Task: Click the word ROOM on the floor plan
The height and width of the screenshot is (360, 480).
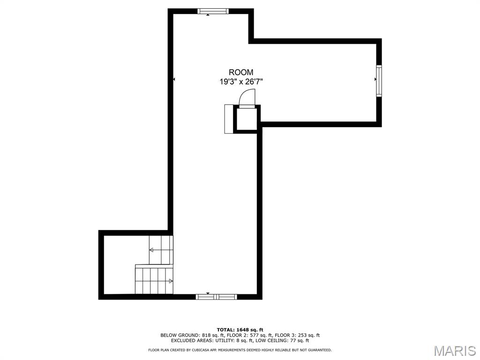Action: tap(241, 72)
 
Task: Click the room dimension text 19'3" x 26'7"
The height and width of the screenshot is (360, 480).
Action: tap(241, 82)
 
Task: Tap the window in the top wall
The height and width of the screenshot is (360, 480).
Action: tap(213, 11)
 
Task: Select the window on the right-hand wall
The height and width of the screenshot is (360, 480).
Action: tap(379, 81)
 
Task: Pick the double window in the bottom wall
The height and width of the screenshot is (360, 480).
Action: tap(216, 297)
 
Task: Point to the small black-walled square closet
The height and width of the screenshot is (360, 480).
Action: tap(247, 119)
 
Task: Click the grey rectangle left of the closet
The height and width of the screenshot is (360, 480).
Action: tap(229, 119)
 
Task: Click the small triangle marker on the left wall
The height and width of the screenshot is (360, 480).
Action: tap(174, 79)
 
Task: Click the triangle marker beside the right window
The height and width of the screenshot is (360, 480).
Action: tap(375, 79)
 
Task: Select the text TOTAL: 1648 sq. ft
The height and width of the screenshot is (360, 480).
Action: tap(240, 330)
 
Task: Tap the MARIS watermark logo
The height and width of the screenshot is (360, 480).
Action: tap(455, 351)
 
